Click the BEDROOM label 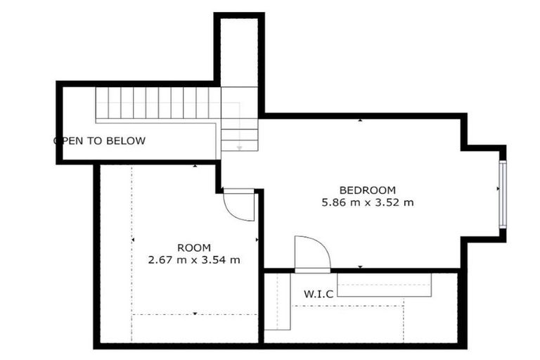coord(368,190)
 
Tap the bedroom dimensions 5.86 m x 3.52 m coord(368,202)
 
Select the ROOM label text coord(194,247)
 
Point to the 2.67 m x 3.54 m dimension coord(194,259)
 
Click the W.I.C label coord(319,294)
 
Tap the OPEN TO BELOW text coord(100,141)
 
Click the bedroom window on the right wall coord(503,194)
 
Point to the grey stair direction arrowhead coord(239,148)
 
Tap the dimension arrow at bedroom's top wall coord(360,120)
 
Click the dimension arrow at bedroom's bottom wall coord(360,267)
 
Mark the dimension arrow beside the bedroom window coord(498,188)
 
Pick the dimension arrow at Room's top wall coord(195,166)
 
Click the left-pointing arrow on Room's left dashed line coord(133,240)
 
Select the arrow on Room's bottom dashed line coord(195,314)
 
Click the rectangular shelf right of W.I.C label coord(385,285)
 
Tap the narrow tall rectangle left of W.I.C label coord(278,302)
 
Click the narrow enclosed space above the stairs coord(239,52)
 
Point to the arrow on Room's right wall coord(257,240)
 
